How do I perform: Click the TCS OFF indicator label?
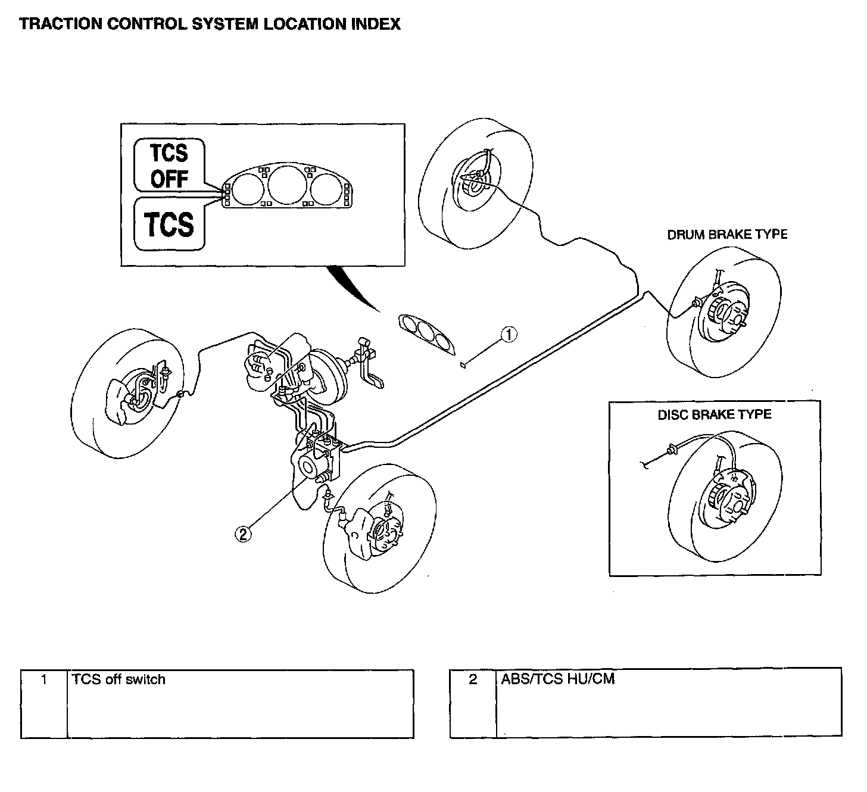pos(169,166)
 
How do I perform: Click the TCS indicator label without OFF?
pos(169,224)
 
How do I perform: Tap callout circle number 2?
pos(243,534)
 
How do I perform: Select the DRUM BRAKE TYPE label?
pos(727,235)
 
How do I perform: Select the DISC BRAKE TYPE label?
pos(714,414)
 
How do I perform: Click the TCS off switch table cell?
pos(239,703)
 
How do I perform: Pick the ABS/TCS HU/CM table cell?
pos(668,703)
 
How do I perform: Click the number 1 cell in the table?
pos(44,703)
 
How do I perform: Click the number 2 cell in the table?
pos(473,703)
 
